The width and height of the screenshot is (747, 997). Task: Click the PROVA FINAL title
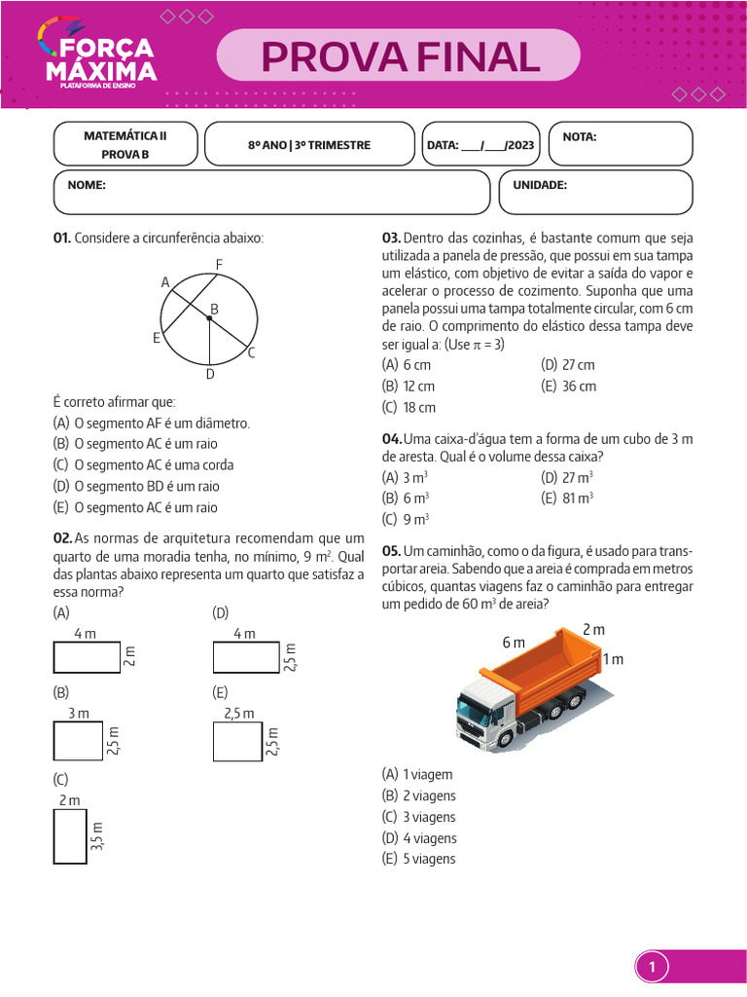tap(400, 56)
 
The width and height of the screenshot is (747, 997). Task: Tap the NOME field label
tap(87, 185)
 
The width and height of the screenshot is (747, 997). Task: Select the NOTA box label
tap(580, 137)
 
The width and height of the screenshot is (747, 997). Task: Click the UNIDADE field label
tap(540, 185)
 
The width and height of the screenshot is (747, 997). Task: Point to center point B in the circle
tap(208, 317)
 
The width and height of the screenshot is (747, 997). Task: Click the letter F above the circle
tap(219, 265)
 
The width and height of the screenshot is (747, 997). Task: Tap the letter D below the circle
tap(209, 374)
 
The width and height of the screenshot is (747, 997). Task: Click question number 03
tap(391, 239)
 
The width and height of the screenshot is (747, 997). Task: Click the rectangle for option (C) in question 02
tap(69, 835)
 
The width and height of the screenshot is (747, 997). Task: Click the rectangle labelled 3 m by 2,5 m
tap(78, 741)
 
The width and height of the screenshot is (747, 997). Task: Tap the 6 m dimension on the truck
tap(514, 643)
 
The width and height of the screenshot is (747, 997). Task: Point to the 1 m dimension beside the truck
tap(613, 659)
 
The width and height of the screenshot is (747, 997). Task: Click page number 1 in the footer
tap(653, 968)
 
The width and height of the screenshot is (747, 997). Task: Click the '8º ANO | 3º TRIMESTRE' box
tap(309, 145)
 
